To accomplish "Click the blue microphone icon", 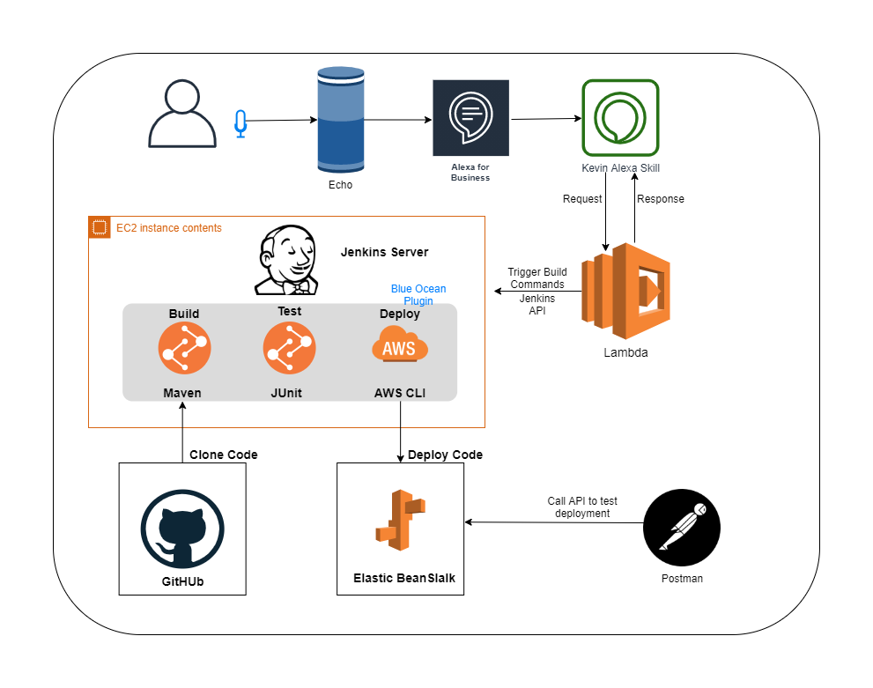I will pyautogui.click(x=240, y=124).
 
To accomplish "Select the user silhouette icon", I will pyautogui.click(x=181, y=114).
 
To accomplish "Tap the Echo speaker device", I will pyautogui.click(x=340, y=122).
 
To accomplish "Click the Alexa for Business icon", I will pyautogui.click(x=470, y=118).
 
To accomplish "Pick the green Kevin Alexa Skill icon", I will pyautogui.click(x=620, y=118).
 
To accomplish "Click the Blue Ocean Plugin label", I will pyautogui.click(x=418, y=294).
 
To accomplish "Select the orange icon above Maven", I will pyautogui.click(x=184, y=348).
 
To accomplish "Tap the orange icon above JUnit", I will pyautogui.click(x=289, y=348).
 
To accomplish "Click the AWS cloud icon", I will pyautogui.click(x=400, y=346).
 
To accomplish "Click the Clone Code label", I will pyautogui.click(x=224, y=455).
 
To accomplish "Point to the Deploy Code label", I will pyautogui.click(x=445, y=455).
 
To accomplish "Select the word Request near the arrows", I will pyautogui.click(x=582, y=199).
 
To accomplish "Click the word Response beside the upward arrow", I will pyautogui.click(x=660, y=199).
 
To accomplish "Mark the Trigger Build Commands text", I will pyautogui.click(x=537, y=278).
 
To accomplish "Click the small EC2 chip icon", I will pyautogui.click(x=100, y=227).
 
